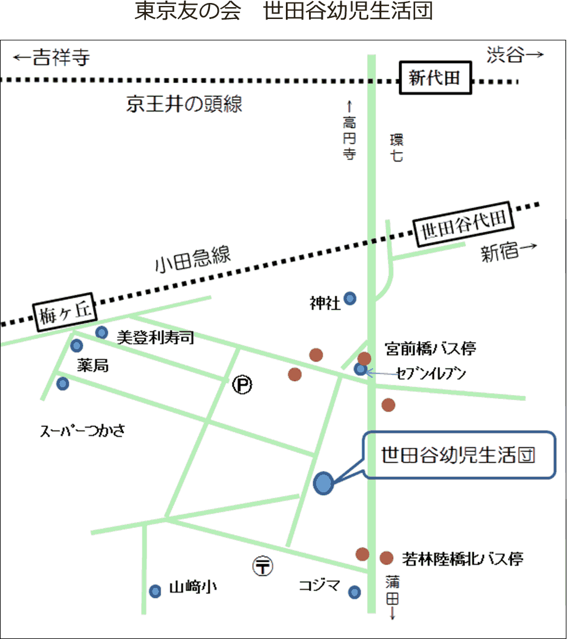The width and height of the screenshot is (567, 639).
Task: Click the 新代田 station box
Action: tap(435, 78)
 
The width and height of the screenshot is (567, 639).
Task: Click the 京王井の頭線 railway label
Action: tap(184, 105)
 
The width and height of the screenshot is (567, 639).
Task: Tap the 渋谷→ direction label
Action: tap(514, 55)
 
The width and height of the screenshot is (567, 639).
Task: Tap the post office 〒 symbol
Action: tap(263, 566)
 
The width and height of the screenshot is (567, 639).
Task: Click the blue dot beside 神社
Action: tap(351, 298)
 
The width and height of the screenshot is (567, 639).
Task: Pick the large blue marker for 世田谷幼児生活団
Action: tap(323, 483)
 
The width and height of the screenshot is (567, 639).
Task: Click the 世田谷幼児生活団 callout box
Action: tap(459, 455)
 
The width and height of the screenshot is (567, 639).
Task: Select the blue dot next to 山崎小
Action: tap(155, 591)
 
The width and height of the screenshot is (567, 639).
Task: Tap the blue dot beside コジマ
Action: tap(354, 592)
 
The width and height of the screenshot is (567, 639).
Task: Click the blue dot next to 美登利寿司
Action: tap(102, 333)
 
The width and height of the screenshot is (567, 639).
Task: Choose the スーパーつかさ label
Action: tap(82, 431)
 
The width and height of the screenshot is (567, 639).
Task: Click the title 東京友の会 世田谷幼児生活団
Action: tap(283, 13)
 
